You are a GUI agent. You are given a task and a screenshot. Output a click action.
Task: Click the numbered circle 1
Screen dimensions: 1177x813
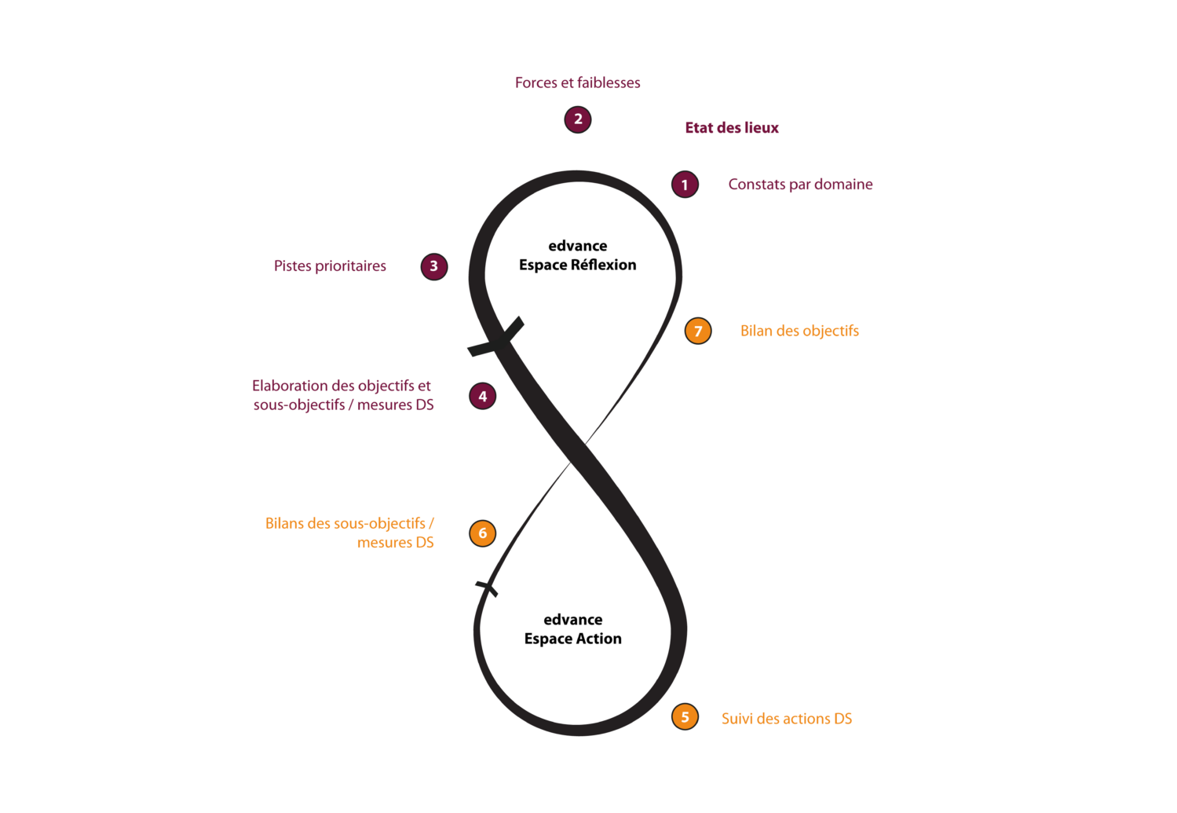(x=685, y=185)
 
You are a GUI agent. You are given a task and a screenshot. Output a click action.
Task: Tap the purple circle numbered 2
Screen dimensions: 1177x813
(x=577, y=119)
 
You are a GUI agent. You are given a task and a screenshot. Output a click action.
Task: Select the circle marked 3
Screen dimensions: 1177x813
(x=434, y=266)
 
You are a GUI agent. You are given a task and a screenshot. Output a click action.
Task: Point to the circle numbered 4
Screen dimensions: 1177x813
(x=482, y=396)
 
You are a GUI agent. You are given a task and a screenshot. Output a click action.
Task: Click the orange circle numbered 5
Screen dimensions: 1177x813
(x=685, y=717)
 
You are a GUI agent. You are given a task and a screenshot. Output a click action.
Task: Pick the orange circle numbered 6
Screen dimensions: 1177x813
(x=482, y=533)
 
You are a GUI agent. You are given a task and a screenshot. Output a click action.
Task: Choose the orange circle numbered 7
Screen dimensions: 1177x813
(x=698, y=331)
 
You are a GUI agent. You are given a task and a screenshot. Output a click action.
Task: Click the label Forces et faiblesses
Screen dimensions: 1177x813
(x=577, y=82)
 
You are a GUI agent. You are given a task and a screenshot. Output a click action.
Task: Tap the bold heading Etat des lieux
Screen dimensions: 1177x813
(x=732, y=128)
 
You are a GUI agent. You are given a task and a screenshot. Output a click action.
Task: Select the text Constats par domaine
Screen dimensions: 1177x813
(x=800, y=185)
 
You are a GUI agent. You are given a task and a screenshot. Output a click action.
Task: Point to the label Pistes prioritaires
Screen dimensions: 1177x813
(x=330, y=266)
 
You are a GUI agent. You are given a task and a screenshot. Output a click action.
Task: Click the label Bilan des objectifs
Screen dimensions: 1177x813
(x=799, y=331)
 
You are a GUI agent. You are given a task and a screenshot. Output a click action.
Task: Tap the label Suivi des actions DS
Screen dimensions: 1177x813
(x=787, y=719)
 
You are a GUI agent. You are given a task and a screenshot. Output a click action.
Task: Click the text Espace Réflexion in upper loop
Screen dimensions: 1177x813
(x=577, y=265)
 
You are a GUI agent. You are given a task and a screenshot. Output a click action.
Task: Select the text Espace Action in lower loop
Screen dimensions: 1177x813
(x=572, y=639)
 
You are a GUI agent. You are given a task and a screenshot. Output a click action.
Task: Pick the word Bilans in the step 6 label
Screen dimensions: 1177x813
(x=285, y=523)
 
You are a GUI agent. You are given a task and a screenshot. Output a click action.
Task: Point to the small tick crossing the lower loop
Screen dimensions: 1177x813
(x=487, y=588)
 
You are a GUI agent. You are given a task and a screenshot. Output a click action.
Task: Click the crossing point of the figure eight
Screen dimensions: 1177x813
(x=578, y=453)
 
